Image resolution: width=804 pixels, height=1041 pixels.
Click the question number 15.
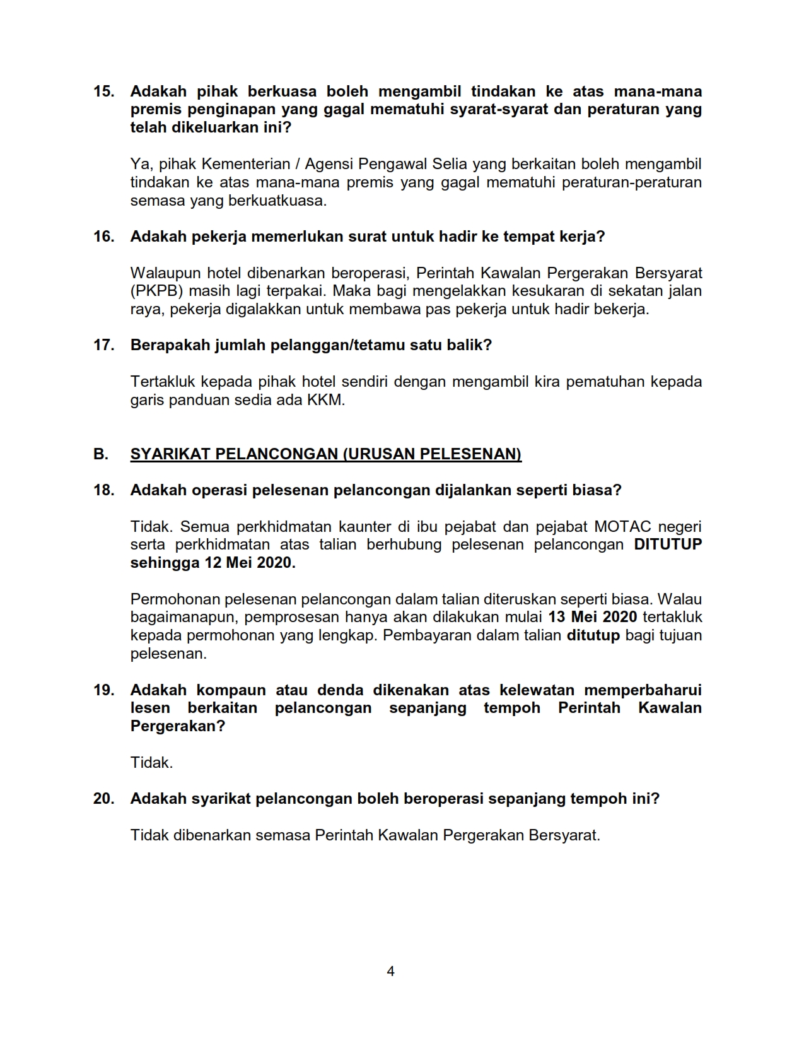103,91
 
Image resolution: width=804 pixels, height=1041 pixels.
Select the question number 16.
103,237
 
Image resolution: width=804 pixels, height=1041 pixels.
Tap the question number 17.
103,345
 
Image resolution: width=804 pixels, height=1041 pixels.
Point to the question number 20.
103,799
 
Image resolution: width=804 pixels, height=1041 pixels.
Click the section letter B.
100,454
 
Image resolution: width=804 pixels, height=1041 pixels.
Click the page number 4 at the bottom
390,971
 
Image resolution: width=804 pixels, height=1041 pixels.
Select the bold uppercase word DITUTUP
667,544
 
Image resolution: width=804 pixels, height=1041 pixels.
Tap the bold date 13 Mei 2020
593,617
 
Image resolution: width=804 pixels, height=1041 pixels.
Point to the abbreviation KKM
325,400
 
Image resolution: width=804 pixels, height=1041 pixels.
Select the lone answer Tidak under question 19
151,763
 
